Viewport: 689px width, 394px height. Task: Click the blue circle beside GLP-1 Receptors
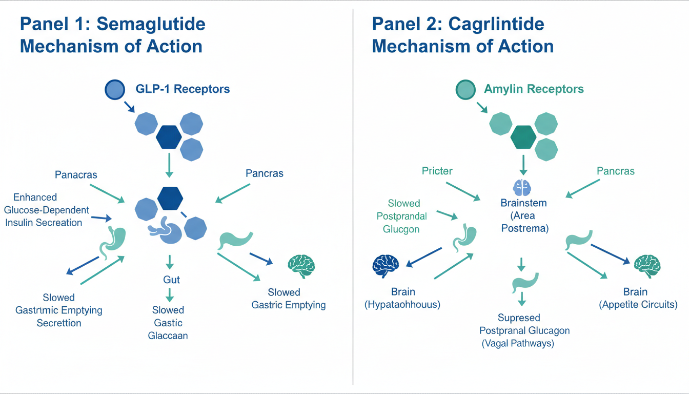pyautogui.click(x=115, y=89)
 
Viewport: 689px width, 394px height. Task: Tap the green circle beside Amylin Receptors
pyautogui.click(x=466, y=90)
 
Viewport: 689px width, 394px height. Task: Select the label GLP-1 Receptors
pyautogui.click(x=183, y=89)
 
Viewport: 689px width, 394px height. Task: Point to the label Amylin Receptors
pyautogui.click(x=534, y=89)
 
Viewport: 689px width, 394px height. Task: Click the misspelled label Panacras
pyautogui.click(x=76, y=175)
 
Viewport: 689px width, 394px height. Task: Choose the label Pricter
pyautogui.click(x=437, y=171)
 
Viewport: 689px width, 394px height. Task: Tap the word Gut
pyautogui.click(x=168, y=280)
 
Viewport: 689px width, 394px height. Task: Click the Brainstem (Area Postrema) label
pyautogui.click(x=523, y=215)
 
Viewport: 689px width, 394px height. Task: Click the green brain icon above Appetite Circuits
pyautogui.click(x=647, y=265)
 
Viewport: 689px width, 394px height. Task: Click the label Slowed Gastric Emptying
pyautogui.click(x=289, y=299)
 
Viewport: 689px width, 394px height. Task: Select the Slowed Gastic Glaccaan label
pyautogui.click(x=168, y=323)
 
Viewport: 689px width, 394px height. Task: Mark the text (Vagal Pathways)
pyautogui.click(x=518, y=344)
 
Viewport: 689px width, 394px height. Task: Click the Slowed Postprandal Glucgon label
pyautogui.click(x=404, y=216)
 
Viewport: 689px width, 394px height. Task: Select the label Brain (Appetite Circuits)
pyautogui.click(x=638, y=298)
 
